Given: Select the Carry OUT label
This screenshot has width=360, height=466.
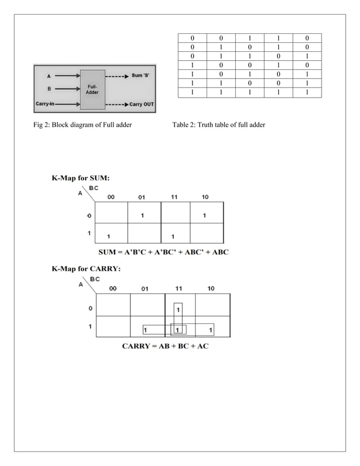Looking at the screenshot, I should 142,104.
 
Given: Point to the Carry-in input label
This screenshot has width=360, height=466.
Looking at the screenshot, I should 48,104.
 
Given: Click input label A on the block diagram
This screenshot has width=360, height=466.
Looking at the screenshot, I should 49,75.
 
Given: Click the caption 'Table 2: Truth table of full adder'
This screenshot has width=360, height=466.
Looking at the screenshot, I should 218,124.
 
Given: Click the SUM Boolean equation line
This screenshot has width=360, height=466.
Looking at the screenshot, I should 161,252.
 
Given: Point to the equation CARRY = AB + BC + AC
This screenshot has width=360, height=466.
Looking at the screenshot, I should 165,345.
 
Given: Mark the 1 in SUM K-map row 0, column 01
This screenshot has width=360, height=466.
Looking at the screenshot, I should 143,215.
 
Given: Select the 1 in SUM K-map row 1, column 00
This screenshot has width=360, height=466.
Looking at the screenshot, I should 109,236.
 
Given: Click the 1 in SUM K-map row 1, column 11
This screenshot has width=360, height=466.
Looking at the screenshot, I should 174,236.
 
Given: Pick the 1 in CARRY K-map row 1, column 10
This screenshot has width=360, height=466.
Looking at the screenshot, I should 210,329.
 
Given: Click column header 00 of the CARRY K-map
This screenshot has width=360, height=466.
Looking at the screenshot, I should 113,288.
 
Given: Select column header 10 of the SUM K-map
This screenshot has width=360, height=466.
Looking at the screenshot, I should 205,197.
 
